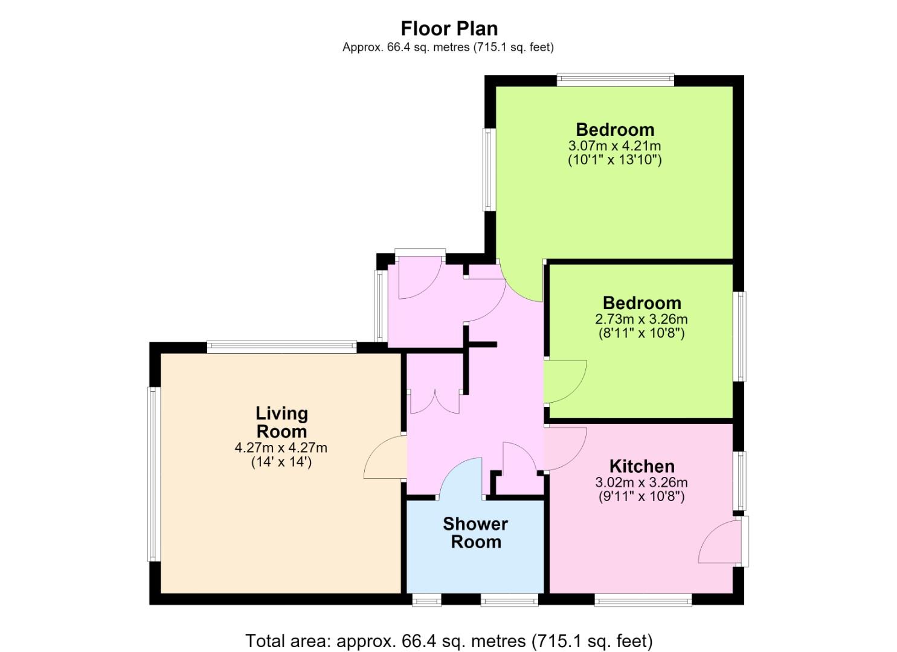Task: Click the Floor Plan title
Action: [x=449, y=29]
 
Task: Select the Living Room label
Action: [x=281, y=422]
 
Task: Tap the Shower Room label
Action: [x=475, y=532]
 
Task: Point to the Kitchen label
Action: [x=641, y=466]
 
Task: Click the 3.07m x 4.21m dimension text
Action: [x=615, y=145]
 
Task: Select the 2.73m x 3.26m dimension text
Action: [x=641, y=319]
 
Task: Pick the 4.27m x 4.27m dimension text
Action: [x=281, y=447]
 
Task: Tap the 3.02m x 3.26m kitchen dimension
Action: [x=641, y=482]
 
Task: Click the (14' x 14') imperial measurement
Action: [x=281, y=462]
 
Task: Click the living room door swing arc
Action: [x=375, y=449]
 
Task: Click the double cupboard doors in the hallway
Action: [x=434, y=402]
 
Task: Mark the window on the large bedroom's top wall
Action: [x=615, y=80]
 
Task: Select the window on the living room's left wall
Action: [x=154, y=474]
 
